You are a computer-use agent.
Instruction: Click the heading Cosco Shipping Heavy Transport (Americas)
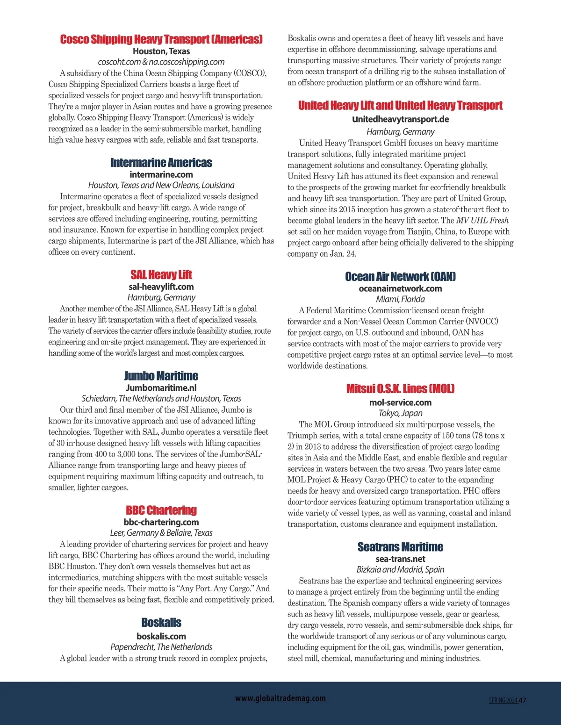(x=161, y=39)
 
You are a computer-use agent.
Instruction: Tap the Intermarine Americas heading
(x=161, y=163)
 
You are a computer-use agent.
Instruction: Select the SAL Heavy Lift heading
(x=161, y=275)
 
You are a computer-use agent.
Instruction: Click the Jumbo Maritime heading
(x=161, y=376)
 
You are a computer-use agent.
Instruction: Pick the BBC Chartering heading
(x=161, y=510)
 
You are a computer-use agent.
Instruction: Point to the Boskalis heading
(x=161, y=623)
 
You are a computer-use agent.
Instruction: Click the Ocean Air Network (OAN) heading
(x=400, y=277)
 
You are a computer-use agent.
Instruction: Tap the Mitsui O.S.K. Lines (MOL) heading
(x=400, y=389)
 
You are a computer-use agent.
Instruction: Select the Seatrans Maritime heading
(x=400, y=547)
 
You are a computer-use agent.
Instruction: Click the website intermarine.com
(x=161, y=174)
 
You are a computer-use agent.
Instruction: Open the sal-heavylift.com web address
(x=161, y=287)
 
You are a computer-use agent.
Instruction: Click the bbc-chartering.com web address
(x=161, y=522)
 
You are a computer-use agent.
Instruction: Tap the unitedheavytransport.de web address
(x=400, y=119)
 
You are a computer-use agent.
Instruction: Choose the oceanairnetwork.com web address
(x=400, y=288)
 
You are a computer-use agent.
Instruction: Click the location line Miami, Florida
(x=400, y=299)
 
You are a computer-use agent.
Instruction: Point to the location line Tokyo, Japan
(x=400, y=413)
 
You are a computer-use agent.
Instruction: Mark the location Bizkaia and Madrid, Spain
(x=400, y=569)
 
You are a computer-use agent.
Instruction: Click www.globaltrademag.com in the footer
(x=280, y=698)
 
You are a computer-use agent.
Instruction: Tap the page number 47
(x=523, y=700)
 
